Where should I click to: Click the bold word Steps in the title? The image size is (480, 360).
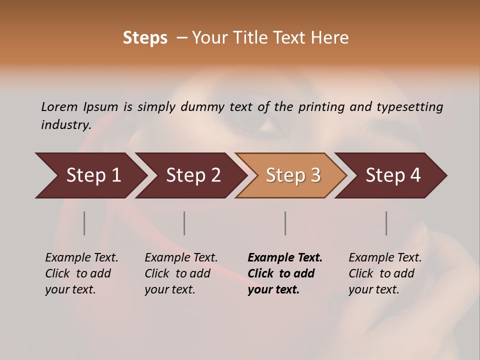pyautogui.click(x=145, y=38)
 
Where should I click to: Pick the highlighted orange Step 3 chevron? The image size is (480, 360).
pyautogui.click(x=292, y=175)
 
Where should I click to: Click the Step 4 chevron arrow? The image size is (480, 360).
pyautogui.click(x=392, y=175)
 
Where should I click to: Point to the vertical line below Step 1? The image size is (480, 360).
pyautogui.click(x=84, y=223)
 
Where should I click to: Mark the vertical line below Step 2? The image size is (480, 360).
pyautogui.click(x=184, y=223)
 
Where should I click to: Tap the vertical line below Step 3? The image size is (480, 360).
pyautogui.click(x=285, y=223)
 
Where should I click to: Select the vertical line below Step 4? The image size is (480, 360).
pyautogui.click(x=386, y=223)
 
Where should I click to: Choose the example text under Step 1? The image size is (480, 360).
pyautogui.click(x=81, y=273)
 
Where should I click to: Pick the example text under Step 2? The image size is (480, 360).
pyautogui.click(x=180, y=273)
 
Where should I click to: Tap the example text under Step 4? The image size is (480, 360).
pyautogui.click(x=384, y=273)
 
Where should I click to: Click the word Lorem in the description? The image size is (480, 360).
pyautogui.click(x=59, y=106)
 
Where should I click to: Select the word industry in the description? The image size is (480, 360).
pyautogui.click(x=65, y=124)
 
